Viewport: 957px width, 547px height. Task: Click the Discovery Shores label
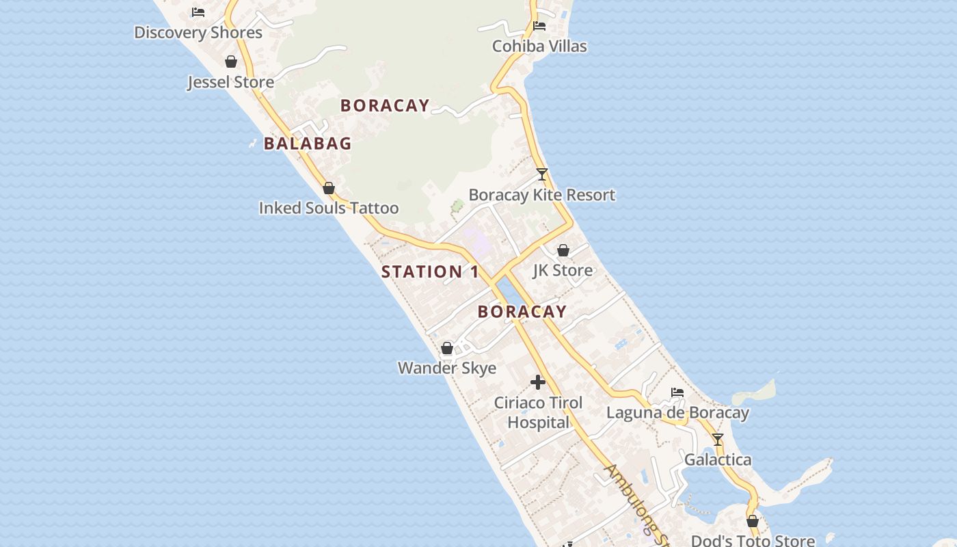[198, 32]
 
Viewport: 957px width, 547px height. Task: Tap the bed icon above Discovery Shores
[198, 12]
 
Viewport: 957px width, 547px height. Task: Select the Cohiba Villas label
[539, 46]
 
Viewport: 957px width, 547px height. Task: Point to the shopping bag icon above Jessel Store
[231, 62]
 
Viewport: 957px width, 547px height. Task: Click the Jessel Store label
[231, 82]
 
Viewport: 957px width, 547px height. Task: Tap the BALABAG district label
[308, 144]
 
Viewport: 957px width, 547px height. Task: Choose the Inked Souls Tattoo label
[329, 208]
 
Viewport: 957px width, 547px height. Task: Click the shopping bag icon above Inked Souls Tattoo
[329, 187]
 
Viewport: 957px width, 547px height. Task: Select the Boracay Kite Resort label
[542, 195]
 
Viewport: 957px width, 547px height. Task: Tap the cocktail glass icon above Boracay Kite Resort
[542, 174]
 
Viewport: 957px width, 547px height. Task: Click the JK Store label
[563, 270]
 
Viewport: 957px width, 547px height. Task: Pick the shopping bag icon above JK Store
[563, 250]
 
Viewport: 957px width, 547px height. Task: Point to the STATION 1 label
[430, 271]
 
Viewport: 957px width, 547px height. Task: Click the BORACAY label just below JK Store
[522, 312]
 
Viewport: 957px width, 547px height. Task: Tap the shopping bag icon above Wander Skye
[447, 348]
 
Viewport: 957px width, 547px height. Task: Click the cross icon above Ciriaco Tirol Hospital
[538, 382]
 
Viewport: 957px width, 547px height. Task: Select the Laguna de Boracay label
[677, 412]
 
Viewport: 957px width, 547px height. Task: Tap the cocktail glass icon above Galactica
[717, 440]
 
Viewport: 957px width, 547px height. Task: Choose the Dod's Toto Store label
[753, 541]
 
